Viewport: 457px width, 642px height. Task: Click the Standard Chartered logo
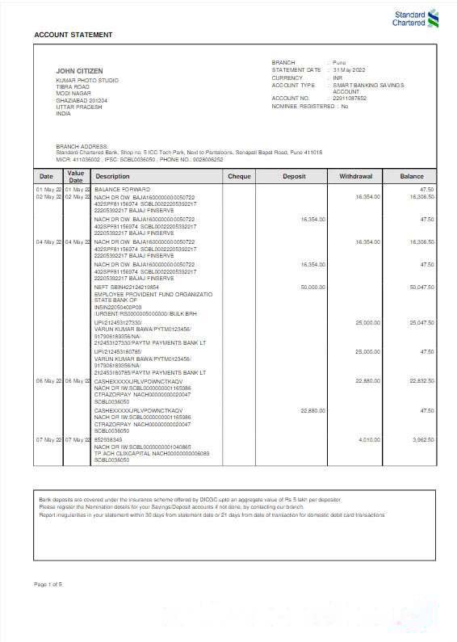click(x=415, y=19)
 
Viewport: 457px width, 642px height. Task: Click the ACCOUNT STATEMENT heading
click(x=73, y=35)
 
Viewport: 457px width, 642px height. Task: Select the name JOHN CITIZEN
click(x=78, y=72)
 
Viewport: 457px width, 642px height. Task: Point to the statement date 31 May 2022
click(x=350, y=70)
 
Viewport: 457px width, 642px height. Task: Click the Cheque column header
click(x=240, y=176)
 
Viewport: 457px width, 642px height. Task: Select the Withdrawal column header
click(x=355, y=176)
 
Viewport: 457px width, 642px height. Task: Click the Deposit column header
click(x=294, y=176)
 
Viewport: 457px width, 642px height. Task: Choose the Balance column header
click(x=411, y=176)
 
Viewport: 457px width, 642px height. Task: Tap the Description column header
click(x=112, y=176)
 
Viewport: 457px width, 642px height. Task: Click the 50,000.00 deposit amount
click(x=312, y=287)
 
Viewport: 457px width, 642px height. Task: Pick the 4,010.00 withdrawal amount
click(x=368, y=439)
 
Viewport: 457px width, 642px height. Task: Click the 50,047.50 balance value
click(x=421, y=287)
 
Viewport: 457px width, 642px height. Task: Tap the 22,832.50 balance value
click(x=421, y=380)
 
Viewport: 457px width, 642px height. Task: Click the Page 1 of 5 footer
click(x=48, y=584)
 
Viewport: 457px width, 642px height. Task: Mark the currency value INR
click(x=338, y=78)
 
